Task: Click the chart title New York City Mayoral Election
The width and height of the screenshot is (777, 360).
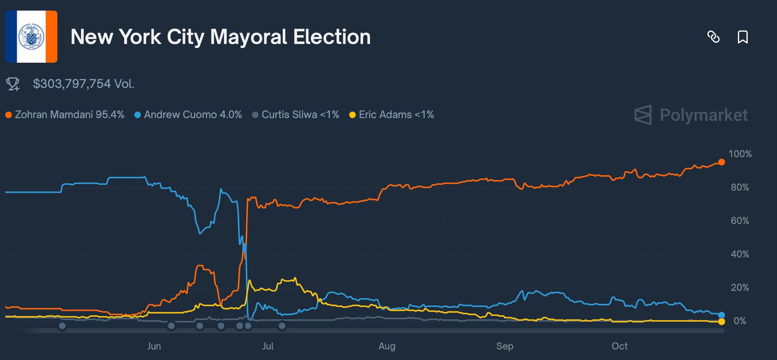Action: pos(220,37)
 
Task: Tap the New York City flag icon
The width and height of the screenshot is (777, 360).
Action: pos(31,37)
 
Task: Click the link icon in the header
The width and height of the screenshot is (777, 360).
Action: pos(713,37)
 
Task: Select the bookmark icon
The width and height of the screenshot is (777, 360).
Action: pos(742,37)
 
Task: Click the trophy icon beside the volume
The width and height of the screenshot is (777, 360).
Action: pos(13,84)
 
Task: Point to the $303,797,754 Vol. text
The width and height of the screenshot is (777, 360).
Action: pos(83,84)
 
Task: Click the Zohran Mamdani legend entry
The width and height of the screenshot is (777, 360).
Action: pos(65,115)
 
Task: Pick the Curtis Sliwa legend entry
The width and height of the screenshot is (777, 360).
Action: pos(295,115)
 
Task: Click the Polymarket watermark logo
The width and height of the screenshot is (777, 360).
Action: pos(691,115)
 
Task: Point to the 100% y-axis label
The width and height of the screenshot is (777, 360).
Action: pos(740,154)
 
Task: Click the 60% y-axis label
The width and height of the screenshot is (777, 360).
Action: pos(740,221)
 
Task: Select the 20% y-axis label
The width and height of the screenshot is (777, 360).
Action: pos(740,288)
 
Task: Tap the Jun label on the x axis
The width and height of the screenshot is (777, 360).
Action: pos(154,346)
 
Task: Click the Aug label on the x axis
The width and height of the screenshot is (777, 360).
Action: pos(387,346)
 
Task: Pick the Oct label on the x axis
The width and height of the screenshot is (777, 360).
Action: pos(619,346)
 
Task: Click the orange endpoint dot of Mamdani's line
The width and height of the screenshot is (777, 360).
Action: pos(722,162)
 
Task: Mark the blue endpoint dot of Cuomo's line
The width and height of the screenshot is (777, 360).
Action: pos(722,315)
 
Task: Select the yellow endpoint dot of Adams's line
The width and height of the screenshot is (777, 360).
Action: pos(722,322)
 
